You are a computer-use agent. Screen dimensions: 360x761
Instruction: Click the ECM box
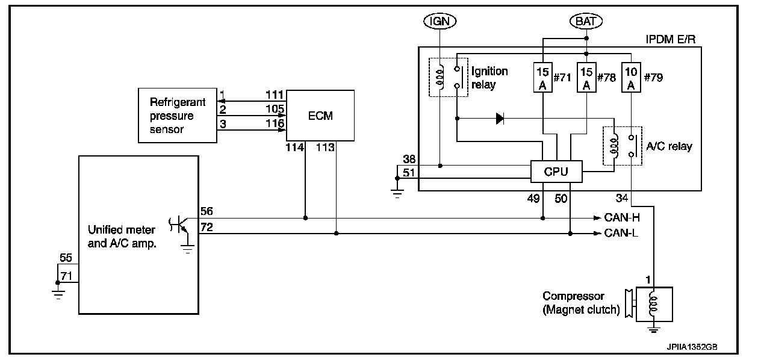tap(320, 116)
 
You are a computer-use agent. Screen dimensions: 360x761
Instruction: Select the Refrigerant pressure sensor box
tap(178, 116)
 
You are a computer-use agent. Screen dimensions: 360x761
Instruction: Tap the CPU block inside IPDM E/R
tap(556, 172)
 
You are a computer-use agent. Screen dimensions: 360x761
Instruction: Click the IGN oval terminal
tap(440, 21)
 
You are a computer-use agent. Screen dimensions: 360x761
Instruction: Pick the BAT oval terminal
tap(586, 21)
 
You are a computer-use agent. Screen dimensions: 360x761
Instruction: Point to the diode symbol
tap(499, 119)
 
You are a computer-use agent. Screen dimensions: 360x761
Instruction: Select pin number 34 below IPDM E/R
tap(622, 198)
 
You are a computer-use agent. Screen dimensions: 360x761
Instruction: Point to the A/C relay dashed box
tap(623, 146)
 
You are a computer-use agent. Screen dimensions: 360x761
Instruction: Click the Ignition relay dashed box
tap(446, 77)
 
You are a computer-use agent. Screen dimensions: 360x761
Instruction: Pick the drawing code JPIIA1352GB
tap(692, 347)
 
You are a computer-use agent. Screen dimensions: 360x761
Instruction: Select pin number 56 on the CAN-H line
tap(206, 211)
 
